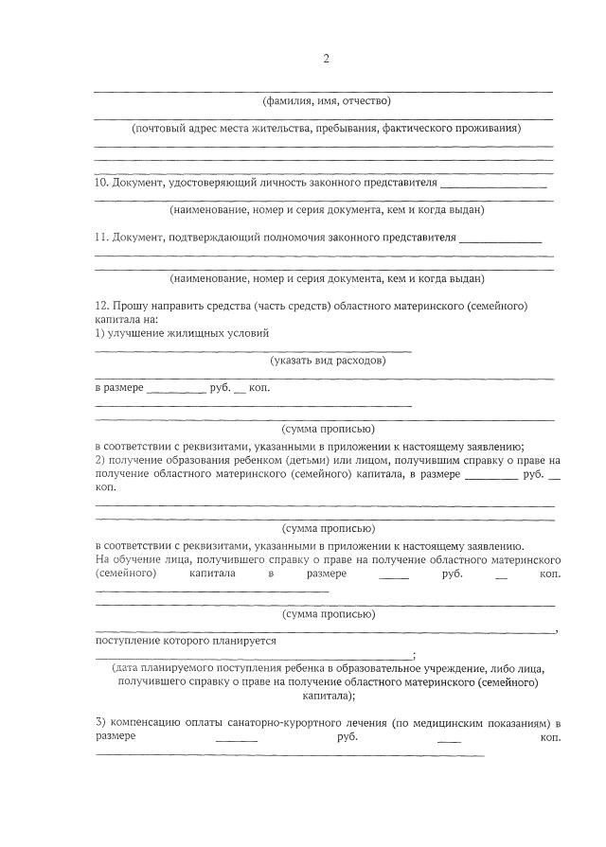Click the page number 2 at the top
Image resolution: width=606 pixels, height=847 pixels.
point(326,59)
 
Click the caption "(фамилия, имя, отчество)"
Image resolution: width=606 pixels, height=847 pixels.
point(326,101)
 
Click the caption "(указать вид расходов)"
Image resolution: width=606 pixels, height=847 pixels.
point(327,361)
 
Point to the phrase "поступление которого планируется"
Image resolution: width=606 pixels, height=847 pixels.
point(186,641)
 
